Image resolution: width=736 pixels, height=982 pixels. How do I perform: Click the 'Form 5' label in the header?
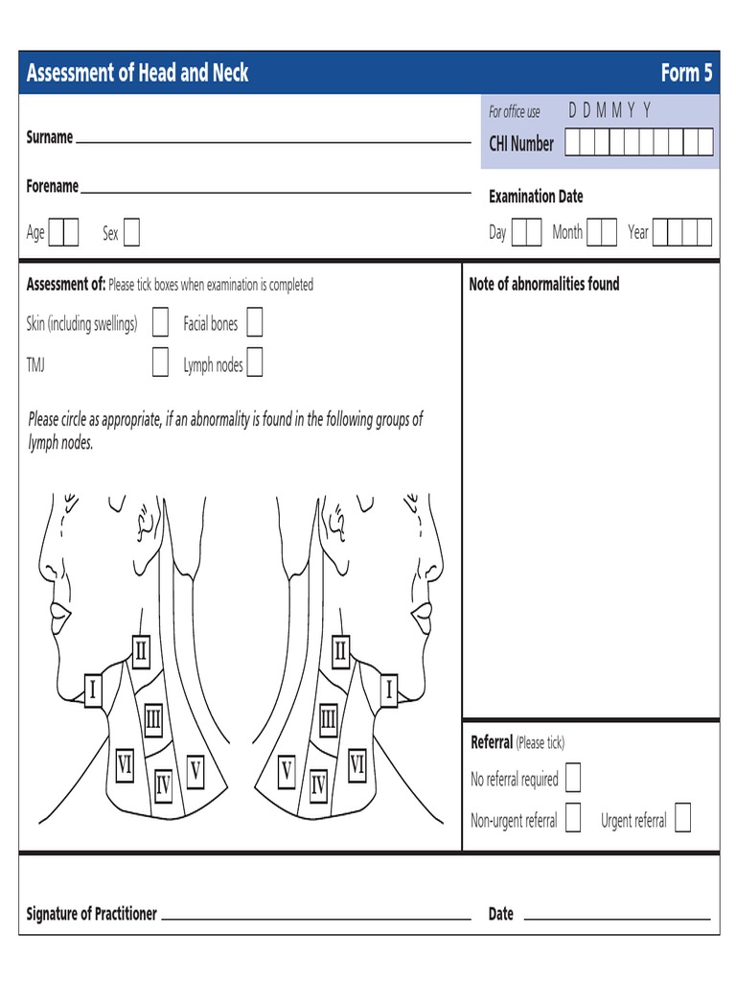686,73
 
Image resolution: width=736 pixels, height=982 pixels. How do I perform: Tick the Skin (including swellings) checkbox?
161,323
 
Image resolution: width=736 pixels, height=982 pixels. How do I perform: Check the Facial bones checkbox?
254,323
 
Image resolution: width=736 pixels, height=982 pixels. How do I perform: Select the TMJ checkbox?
161,363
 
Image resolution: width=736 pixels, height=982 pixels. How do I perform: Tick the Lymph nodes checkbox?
255,363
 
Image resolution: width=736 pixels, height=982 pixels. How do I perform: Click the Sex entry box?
131,232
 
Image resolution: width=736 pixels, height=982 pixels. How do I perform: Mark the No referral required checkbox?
573,778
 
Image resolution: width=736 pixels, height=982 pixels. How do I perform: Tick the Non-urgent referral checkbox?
573,819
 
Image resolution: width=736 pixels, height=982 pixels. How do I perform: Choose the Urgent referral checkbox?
682,819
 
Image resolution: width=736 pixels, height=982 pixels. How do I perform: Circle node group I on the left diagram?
93,690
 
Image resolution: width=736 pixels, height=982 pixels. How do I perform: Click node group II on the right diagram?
340,652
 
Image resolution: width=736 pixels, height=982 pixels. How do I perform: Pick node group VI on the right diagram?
356,764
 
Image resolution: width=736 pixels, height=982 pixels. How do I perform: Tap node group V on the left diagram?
195,770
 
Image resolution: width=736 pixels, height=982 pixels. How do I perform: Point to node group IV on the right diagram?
318,787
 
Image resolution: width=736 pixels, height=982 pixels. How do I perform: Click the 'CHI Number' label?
521,144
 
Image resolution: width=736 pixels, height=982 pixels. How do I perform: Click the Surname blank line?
273,140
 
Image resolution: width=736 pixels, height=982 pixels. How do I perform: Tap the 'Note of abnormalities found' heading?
543,284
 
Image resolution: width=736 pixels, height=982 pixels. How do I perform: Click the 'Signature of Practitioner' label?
91,914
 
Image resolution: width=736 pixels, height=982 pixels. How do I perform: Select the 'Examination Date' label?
536,197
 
